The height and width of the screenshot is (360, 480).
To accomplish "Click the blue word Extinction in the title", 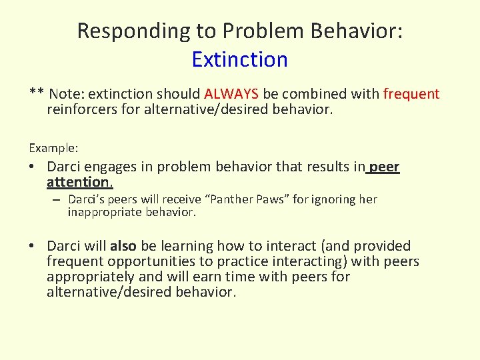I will click(x=239, y=59).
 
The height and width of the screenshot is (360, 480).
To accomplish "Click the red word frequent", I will click(x=411, y=94).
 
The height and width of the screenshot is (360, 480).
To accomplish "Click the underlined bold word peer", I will click(x=385, y=167).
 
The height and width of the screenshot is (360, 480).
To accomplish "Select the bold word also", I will click(x=123, y=246).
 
